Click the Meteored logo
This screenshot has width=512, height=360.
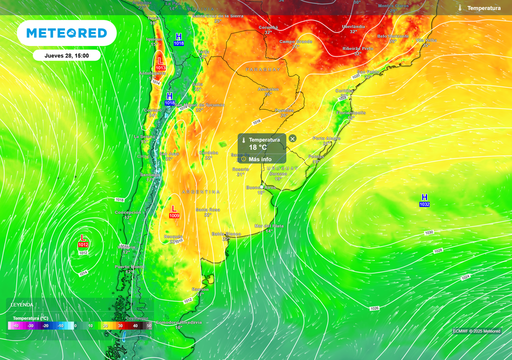click(x=66, y=33)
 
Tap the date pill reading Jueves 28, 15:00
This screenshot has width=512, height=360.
click(x=66, y=55)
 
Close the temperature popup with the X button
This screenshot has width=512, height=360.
click(x=292, y=138)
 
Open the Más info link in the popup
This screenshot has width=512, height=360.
click(x=259, y=159)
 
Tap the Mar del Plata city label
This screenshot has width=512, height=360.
click(x=268, y=226)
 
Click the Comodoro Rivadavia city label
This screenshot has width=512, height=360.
click(x=179, y=322)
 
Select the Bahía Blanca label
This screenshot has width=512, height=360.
click(x=226, y=234)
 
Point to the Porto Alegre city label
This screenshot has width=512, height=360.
click(x=326, y=138)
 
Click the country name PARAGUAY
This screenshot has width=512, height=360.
click(x=262, y=69)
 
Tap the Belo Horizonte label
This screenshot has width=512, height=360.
click(x=393, y=36)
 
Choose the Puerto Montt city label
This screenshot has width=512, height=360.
click(x=129, y=267)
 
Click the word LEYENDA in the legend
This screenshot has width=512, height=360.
click(x=22, y=304)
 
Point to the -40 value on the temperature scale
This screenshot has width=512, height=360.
click(x=15, y=326)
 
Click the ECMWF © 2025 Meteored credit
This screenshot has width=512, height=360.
click(x=476, y=331)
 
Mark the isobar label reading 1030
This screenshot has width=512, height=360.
click(x=429, y=233)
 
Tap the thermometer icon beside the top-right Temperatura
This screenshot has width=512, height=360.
click(x=460, y=8)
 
